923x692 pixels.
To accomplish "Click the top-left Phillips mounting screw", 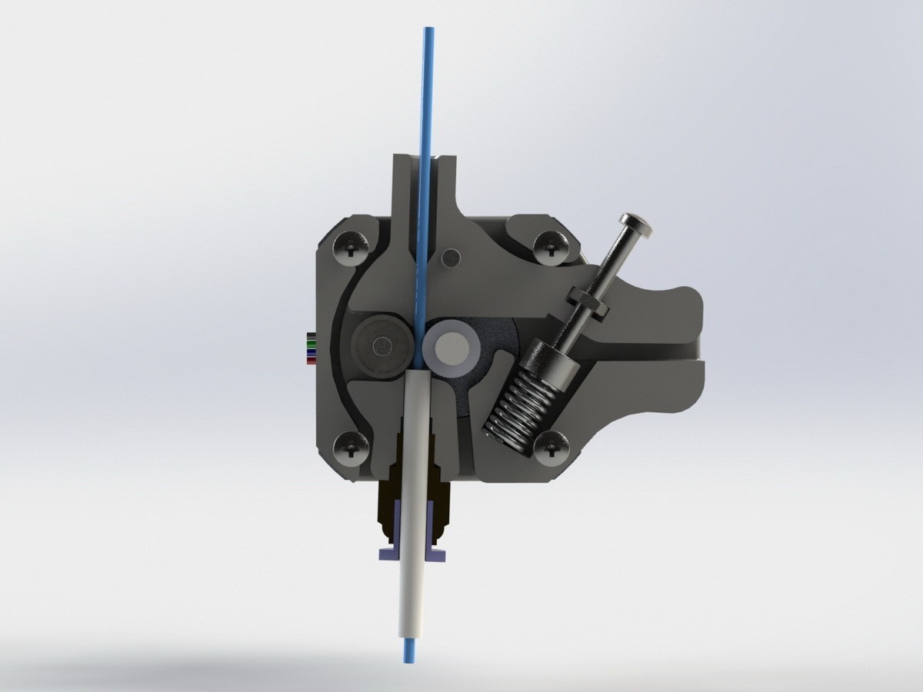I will (x=352, y=248).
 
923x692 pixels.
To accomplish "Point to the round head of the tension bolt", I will (x=637, y=224).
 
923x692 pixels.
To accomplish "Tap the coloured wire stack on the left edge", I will (x=310, y=348).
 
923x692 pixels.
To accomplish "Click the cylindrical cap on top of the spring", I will (x=548, y=361).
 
